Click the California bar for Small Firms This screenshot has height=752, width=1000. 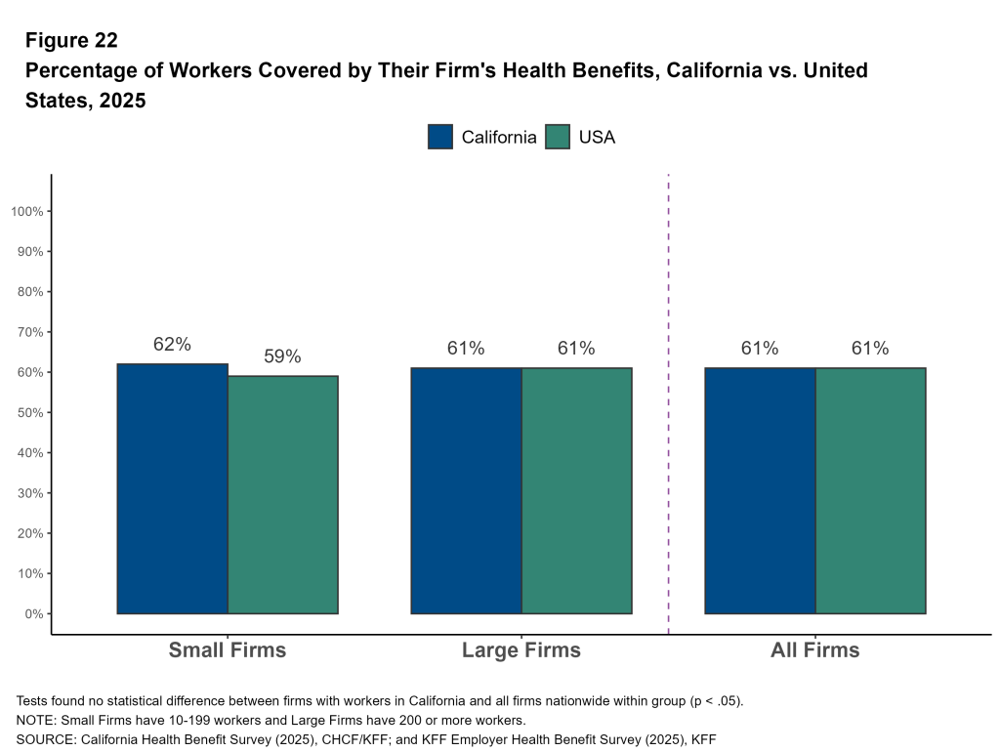click(x=172, y=488)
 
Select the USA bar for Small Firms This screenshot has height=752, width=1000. click(x=282, y=494)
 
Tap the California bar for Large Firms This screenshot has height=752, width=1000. click(x=466, y=490)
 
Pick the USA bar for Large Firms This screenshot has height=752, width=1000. click(x=576, y=490)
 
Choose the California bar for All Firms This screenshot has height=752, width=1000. click(x=759, y=490)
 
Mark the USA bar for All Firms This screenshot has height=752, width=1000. click(x=870, y=490)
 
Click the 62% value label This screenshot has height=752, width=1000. click(x=172, y=345)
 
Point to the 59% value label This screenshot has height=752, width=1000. click(x=282, y=357)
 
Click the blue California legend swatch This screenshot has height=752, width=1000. click(x=440, y=137)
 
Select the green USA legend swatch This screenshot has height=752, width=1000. click(x=558, y=137)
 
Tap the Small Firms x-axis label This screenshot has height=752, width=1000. click(x=228, y=650)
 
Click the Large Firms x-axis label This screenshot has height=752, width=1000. click(x=521, y=650)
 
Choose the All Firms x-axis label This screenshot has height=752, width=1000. click(x=814, y=650)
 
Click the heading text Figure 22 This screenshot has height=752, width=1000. click(x=71, y=40)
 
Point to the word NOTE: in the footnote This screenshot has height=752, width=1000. click(x=37, y=721)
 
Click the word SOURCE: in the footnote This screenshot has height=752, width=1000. click(x=45, y=739)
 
